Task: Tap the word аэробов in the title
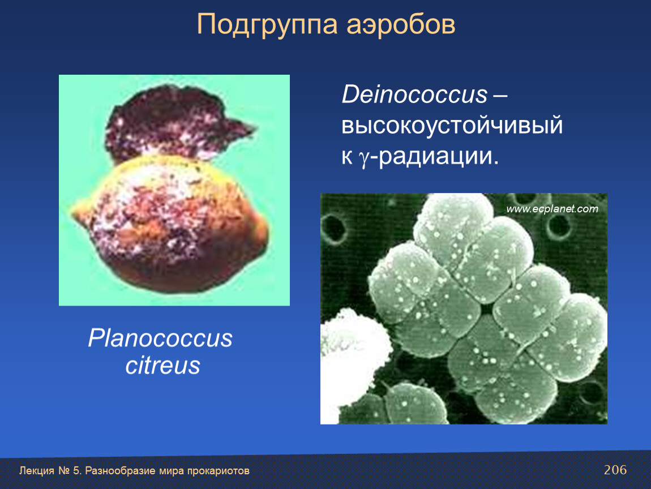pos(401,24)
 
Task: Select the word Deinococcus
pos(414,94)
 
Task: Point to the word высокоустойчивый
pos(452,126)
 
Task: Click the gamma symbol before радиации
pos(363,158)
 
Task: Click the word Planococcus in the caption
pos(160,338)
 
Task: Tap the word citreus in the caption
pos(163,366)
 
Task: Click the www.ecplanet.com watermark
pos(552,208)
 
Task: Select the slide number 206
pos(615,470)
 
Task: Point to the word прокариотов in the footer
pos(218,471)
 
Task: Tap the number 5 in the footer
pos(76,471)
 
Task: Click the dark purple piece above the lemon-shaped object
pos(174,121)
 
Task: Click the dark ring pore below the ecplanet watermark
pos(559,227)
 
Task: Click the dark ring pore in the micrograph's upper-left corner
pos(335,228)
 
